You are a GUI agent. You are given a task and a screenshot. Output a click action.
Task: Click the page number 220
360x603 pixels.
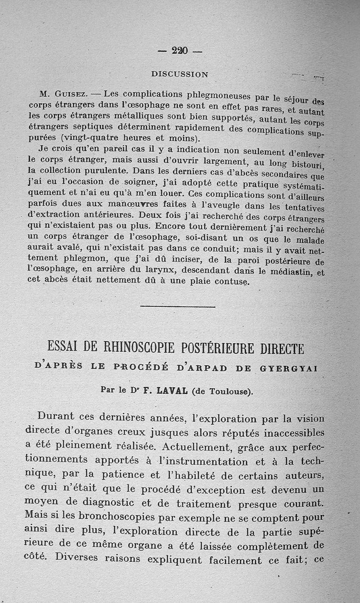[180, 51]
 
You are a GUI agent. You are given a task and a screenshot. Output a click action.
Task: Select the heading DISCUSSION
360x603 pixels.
[180, 74]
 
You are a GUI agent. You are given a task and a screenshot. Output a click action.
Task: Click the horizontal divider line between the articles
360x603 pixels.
[178, 307]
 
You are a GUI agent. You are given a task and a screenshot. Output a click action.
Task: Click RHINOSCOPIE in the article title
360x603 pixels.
[138, 348]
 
